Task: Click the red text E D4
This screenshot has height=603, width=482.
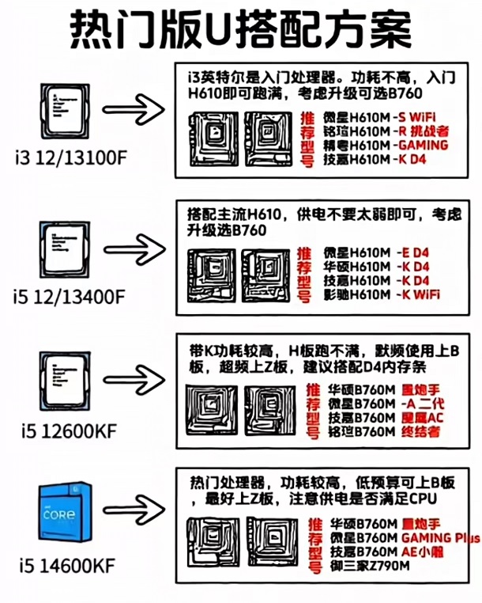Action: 416,252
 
